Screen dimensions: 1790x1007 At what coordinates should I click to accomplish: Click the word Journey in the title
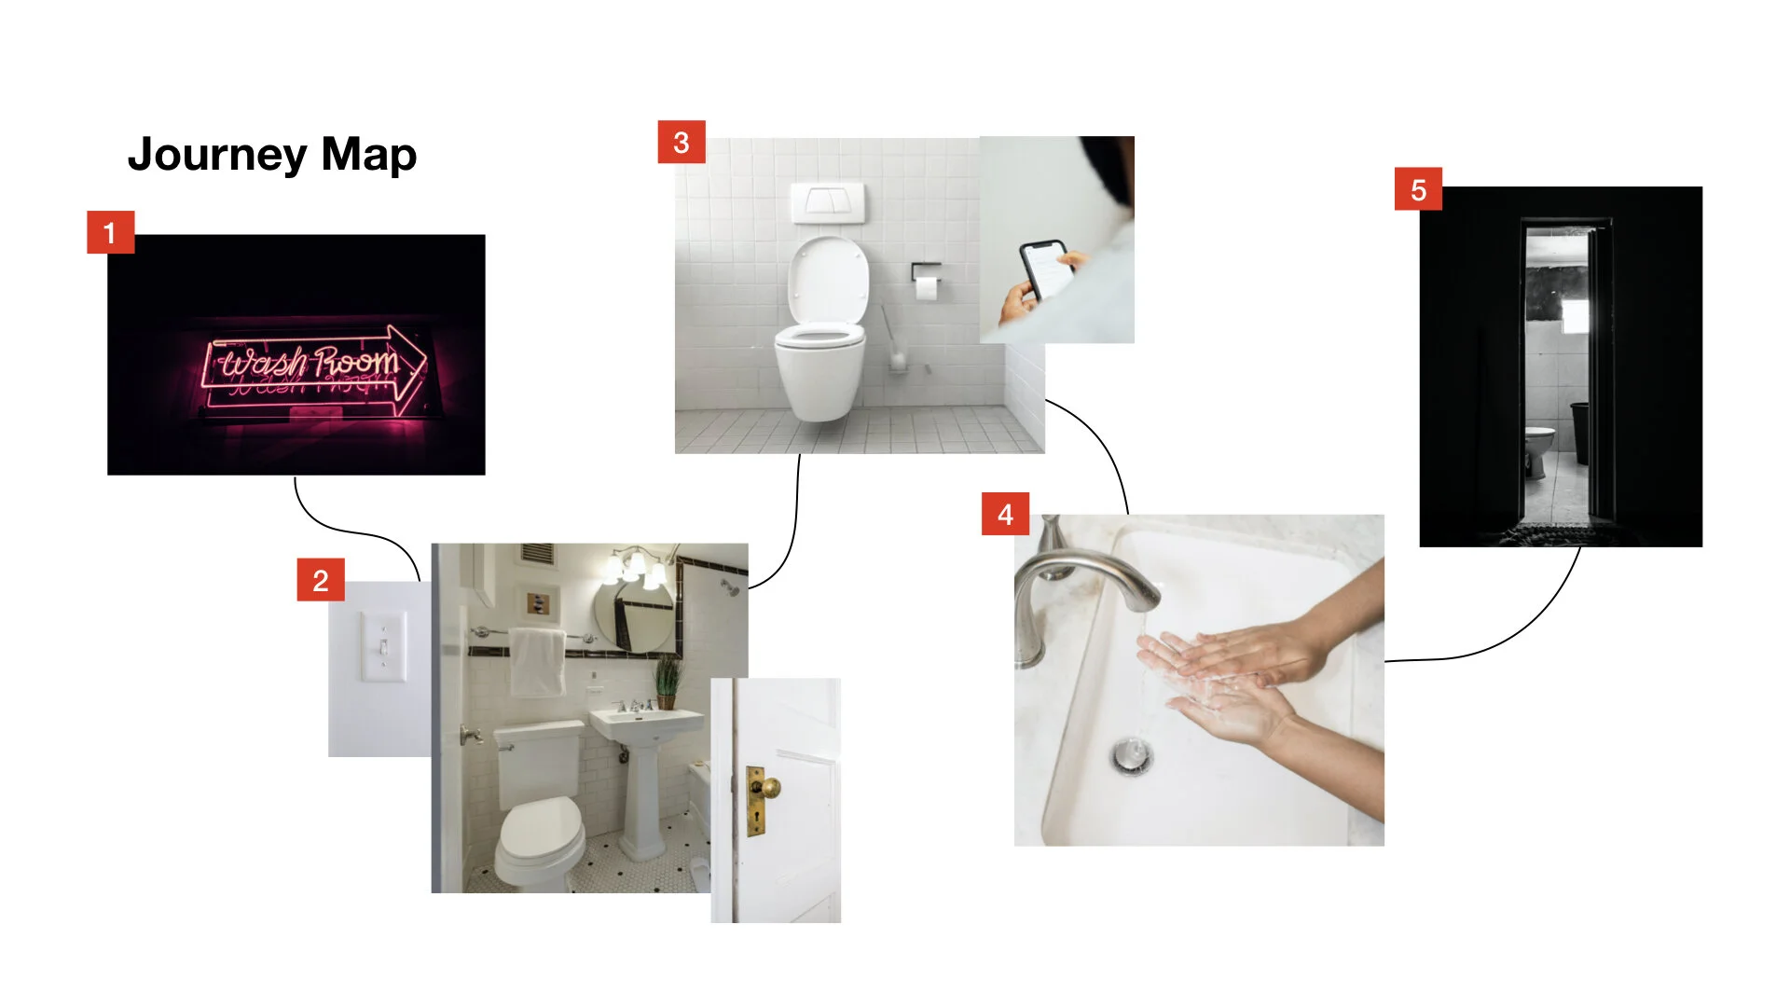[x=217, y=155]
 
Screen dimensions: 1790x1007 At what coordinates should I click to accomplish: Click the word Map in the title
[x=368, y=156]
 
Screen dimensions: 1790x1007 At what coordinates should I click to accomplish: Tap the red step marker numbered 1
[x=111, y=232]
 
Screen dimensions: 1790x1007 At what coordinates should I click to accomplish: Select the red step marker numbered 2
[x=321, y=580]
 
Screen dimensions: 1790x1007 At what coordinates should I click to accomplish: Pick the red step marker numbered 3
[x=682, y=142]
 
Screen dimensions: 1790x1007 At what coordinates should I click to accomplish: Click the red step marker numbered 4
[x=1005, y=514]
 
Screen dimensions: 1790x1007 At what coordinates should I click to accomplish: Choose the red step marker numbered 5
[x=1418, y=189]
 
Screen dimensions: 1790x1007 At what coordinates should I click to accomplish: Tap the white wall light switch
[x=383, y=646]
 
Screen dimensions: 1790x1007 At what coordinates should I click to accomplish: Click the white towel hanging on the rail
[x=537, y=662]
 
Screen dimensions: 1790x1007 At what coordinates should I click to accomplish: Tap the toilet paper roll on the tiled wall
[x=926, y=286]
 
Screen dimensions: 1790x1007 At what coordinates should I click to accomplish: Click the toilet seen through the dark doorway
[x=1538, y=449]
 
